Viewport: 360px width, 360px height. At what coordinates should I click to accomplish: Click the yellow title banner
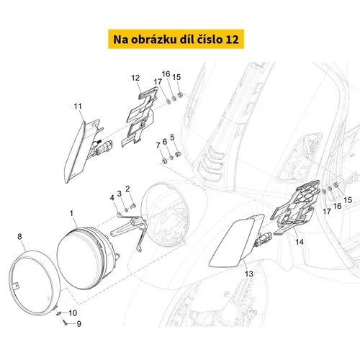(x=176, y=39)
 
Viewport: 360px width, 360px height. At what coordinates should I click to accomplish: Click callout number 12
(x=135, y=78)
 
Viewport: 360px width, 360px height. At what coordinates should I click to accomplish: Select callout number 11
(x=78, y=106)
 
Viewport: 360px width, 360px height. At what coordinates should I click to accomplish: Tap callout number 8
(x=19, y=237)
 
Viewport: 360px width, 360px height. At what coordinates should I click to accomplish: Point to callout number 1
(x=71, y=213)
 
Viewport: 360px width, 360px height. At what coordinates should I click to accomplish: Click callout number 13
(x=249, y=274)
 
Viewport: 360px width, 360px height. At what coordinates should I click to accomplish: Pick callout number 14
(x=300, y=242)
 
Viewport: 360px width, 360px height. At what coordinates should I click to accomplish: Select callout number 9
(x=78, y=324)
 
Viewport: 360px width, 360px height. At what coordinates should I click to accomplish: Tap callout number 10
(x=73, y=313)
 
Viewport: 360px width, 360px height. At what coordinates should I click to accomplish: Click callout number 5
(x=172, y=138)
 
